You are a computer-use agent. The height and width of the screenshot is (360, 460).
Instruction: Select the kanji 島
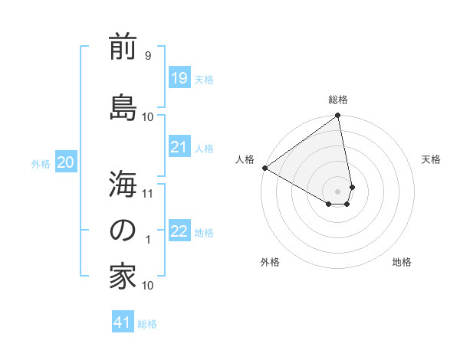pyautogui.click(x=123, y=105)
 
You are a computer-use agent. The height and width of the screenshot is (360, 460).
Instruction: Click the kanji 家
pyautogui.click(x=123, y=277)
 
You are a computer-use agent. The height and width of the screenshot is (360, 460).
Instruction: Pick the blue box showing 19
pyautogui.click(x=179, y=77)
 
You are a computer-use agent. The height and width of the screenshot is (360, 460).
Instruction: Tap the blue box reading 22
pyautogui.click(x=179, y=231)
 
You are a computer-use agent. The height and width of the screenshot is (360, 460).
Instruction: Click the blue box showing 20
pyautogui.click(x=66, y=162)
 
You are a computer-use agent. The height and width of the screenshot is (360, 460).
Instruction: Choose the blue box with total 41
pyautogui.click(x=123, y=322)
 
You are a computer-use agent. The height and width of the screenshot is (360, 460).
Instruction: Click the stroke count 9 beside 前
pyautogui.click(x=148, y=56)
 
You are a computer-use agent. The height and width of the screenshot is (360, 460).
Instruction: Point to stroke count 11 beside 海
pyautogui.click(x=148, y=193)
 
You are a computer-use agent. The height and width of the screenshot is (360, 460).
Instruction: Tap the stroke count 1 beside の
pyautogui.click(x=148, y=239)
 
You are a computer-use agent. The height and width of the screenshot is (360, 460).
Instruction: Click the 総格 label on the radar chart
pyautogui.click(x=338, y=100)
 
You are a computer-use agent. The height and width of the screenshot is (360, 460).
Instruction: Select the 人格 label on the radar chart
pyautogui.click(x=245, y=159)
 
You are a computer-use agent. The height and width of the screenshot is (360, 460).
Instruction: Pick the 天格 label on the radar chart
pyautogui.click(x=431, y=159)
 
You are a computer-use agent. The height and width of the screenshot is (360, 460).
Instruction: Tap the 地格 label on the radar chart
pyautogui.click(x=402, y=262)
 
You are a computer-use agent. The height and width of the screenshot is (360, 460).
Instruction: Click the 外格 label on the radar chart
pyautogui.click(x=270, y=262)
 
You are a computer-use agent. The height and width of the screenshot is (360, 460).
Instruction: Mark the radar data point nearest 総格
pyautogui.click(x=337, y=116)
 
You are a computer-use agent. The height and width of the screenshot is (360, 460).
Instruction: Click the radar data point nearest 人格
pyautogui.click(x=264, y=168)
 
